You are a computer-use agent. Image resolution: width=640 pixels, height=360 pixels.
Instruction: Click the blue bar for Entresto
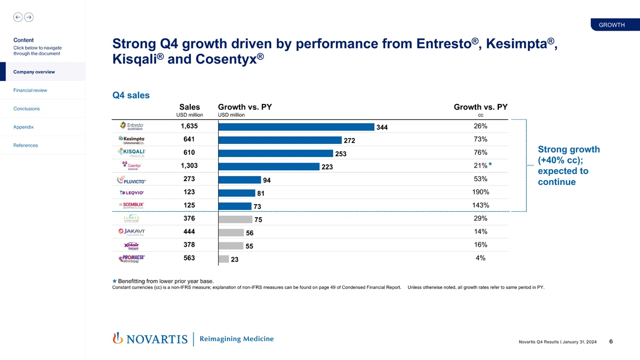[295, 126]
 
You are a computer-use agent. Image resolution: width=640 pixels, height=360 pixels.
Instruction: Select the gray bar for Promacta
[223, 259]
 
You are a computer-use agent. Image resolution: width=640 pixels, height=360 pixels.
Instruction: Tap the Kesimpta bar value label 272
[350, 141]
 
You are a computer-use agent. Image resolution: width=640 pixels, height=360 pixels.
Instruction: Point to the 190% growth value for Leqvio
[480, 192]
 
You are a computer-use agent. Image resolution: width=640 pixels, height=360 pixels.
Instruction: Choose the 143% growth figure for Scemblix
[480, 205]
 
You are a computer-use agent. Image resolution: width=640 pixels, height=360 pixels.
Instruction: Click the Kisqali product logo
[131, 153]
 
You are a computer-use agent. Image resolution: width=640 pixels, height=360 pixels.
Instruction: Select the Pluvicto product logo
[131, 180]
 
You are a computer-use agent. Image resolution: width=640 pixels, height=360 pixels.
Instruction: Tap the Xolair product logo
[131, 246]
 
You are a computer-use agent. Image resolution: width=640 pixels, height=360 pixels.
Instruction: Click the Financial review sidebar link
[30, 90]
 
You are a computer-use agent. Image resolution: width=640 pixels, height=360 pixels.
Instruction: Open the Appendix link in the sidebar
[24, 127]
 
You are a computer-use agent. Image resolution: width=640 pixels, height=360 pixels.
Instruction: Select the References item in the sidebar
[26, 145]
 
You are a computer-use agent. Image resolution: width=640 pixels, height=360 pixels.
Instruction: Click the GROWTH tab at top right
[612, 25]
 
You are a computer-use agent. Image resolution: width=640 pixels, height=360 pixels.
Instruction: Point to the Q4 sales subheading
[131, 96]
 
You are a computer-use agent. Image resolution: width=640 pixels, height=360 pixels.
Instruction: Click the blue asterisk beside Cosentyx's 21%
[491, 165]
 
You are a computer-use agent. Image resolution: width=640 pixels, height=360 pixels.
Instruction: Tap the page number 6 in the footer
[610, 342]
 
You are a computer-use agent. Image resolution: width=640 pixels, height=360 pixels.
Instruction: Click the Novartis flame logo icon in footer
[117, 339]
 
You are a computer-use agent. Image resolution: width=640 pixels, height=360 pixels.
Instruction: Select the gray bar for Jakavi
[231, 233]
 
